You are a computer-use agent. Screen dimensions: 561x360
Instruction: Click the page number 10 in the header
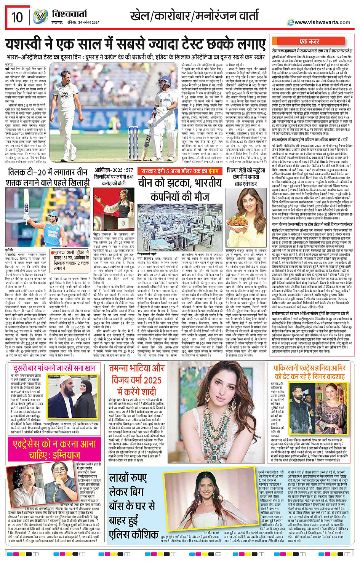17,17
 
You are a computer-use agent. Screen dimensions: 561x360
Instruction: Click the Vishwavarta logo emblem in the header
40,17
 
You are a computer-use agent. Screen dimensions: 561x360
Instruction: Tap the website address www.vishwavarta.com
322,22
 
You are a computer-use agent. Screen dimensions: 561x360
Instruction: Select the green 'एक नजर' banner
309,42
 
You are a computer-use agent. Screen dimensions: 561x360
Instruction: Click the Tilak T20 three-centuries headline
48,177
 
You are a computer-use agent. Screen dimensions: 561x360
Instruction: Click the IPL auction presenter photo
114,208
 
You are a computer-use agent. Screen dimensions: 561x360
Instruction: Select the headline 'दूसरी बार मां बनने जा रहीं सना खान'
54,368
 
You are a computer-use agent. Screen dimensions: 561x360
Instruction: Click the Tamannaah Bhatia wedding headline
136,380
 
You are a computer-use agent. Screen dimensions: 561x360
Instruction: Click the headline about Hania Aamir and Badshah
309,372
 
